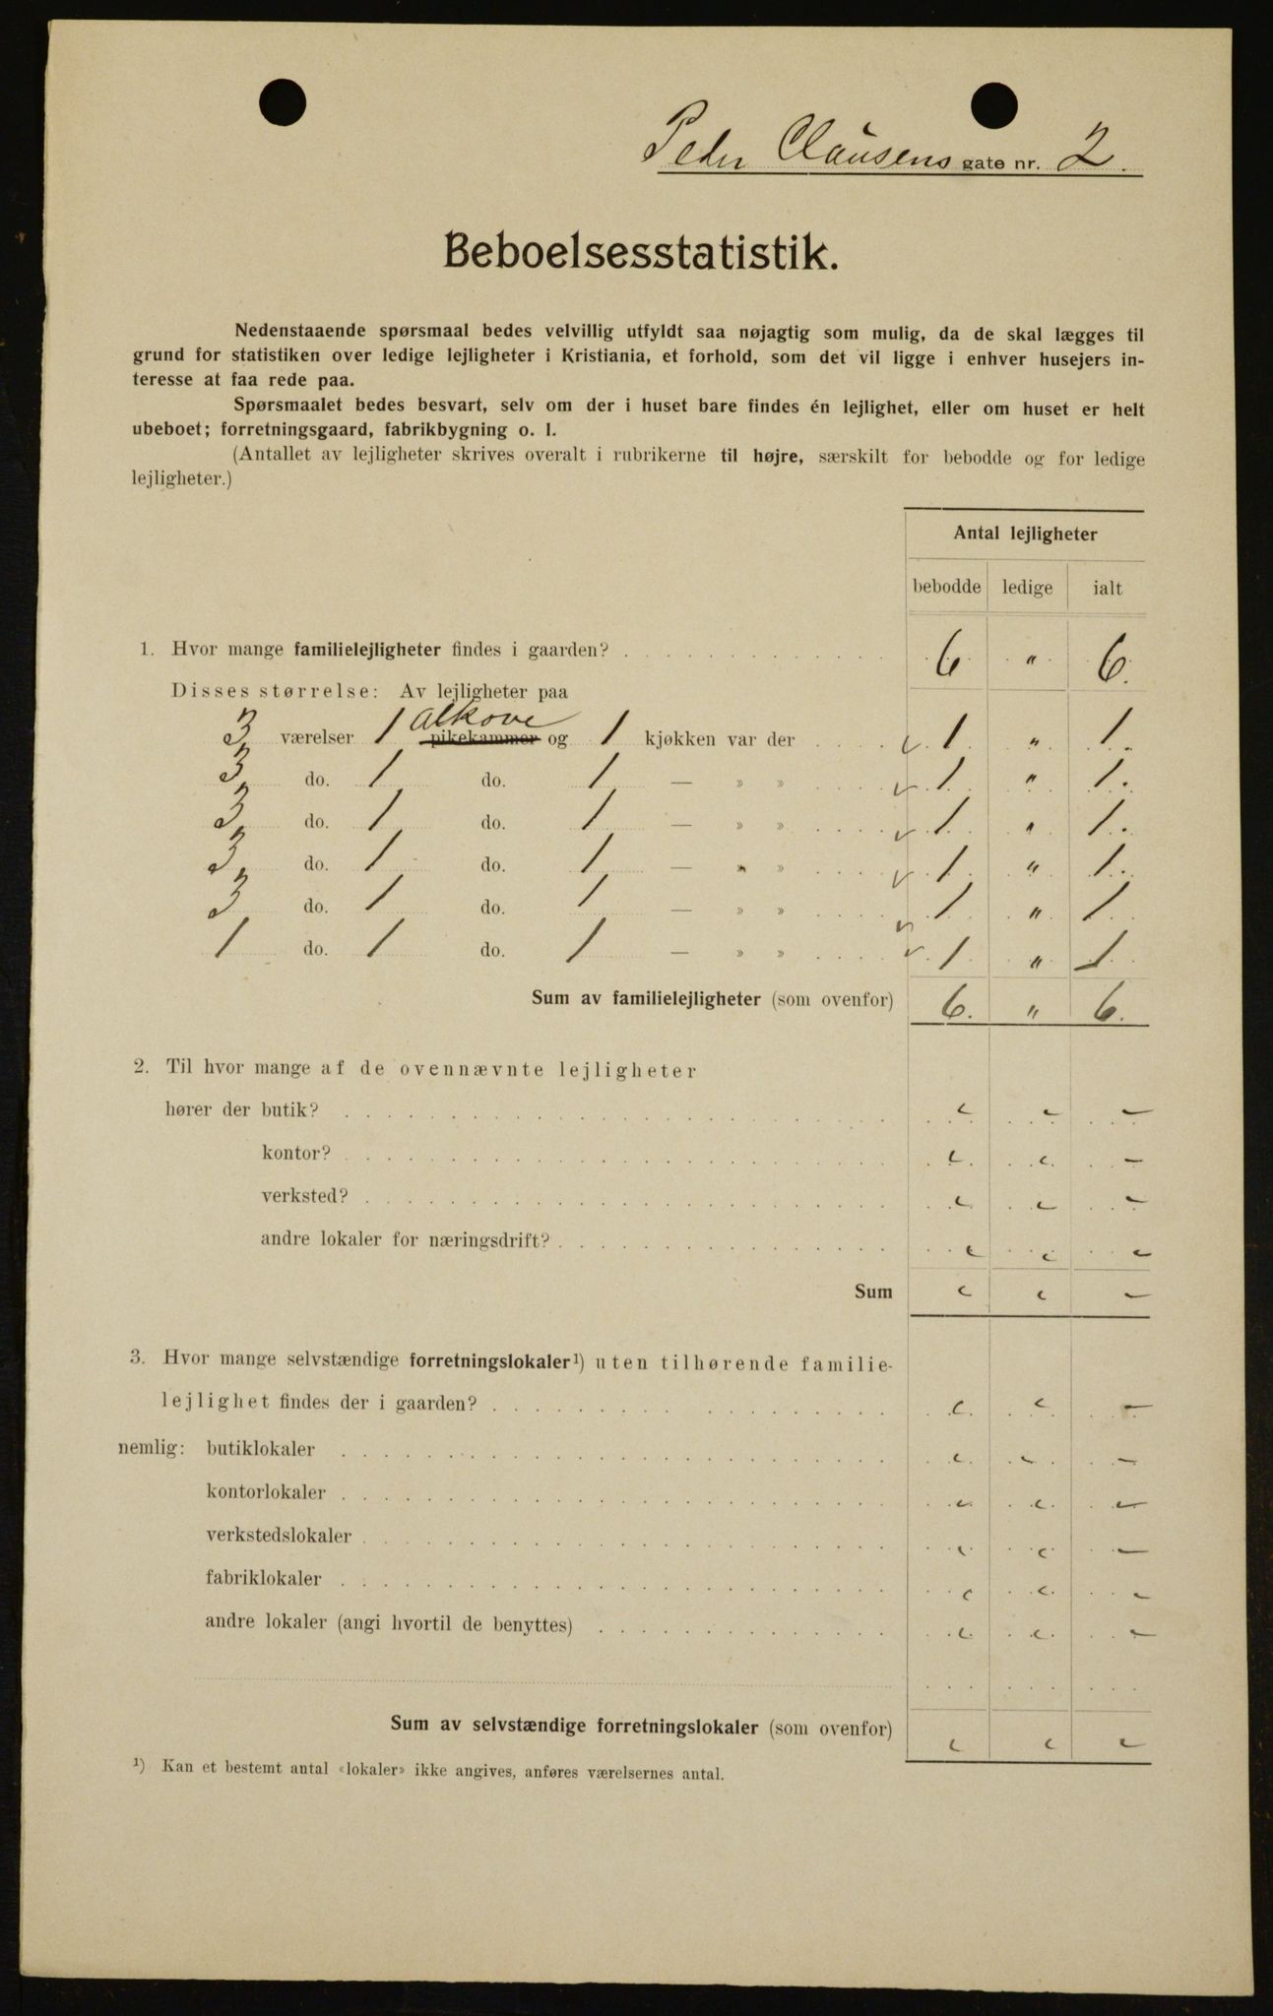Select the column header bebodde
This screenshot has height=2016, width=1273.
946,588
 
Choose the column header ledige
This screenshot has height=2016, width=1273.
1027,589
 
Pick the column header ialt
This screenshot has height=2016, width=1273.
1107,589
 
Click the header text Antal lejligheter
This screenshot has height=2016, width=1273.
1025,535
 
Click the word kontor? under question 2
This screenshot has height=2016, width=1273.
296,1153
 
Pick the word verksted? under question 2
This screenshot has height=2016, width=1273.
304,1197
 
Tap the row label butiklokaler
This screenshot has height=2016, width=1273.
261,1450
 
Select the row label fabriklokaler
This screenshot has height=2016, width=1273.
263,1580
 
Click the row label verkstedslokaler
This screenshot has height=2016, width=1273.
279,1536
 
